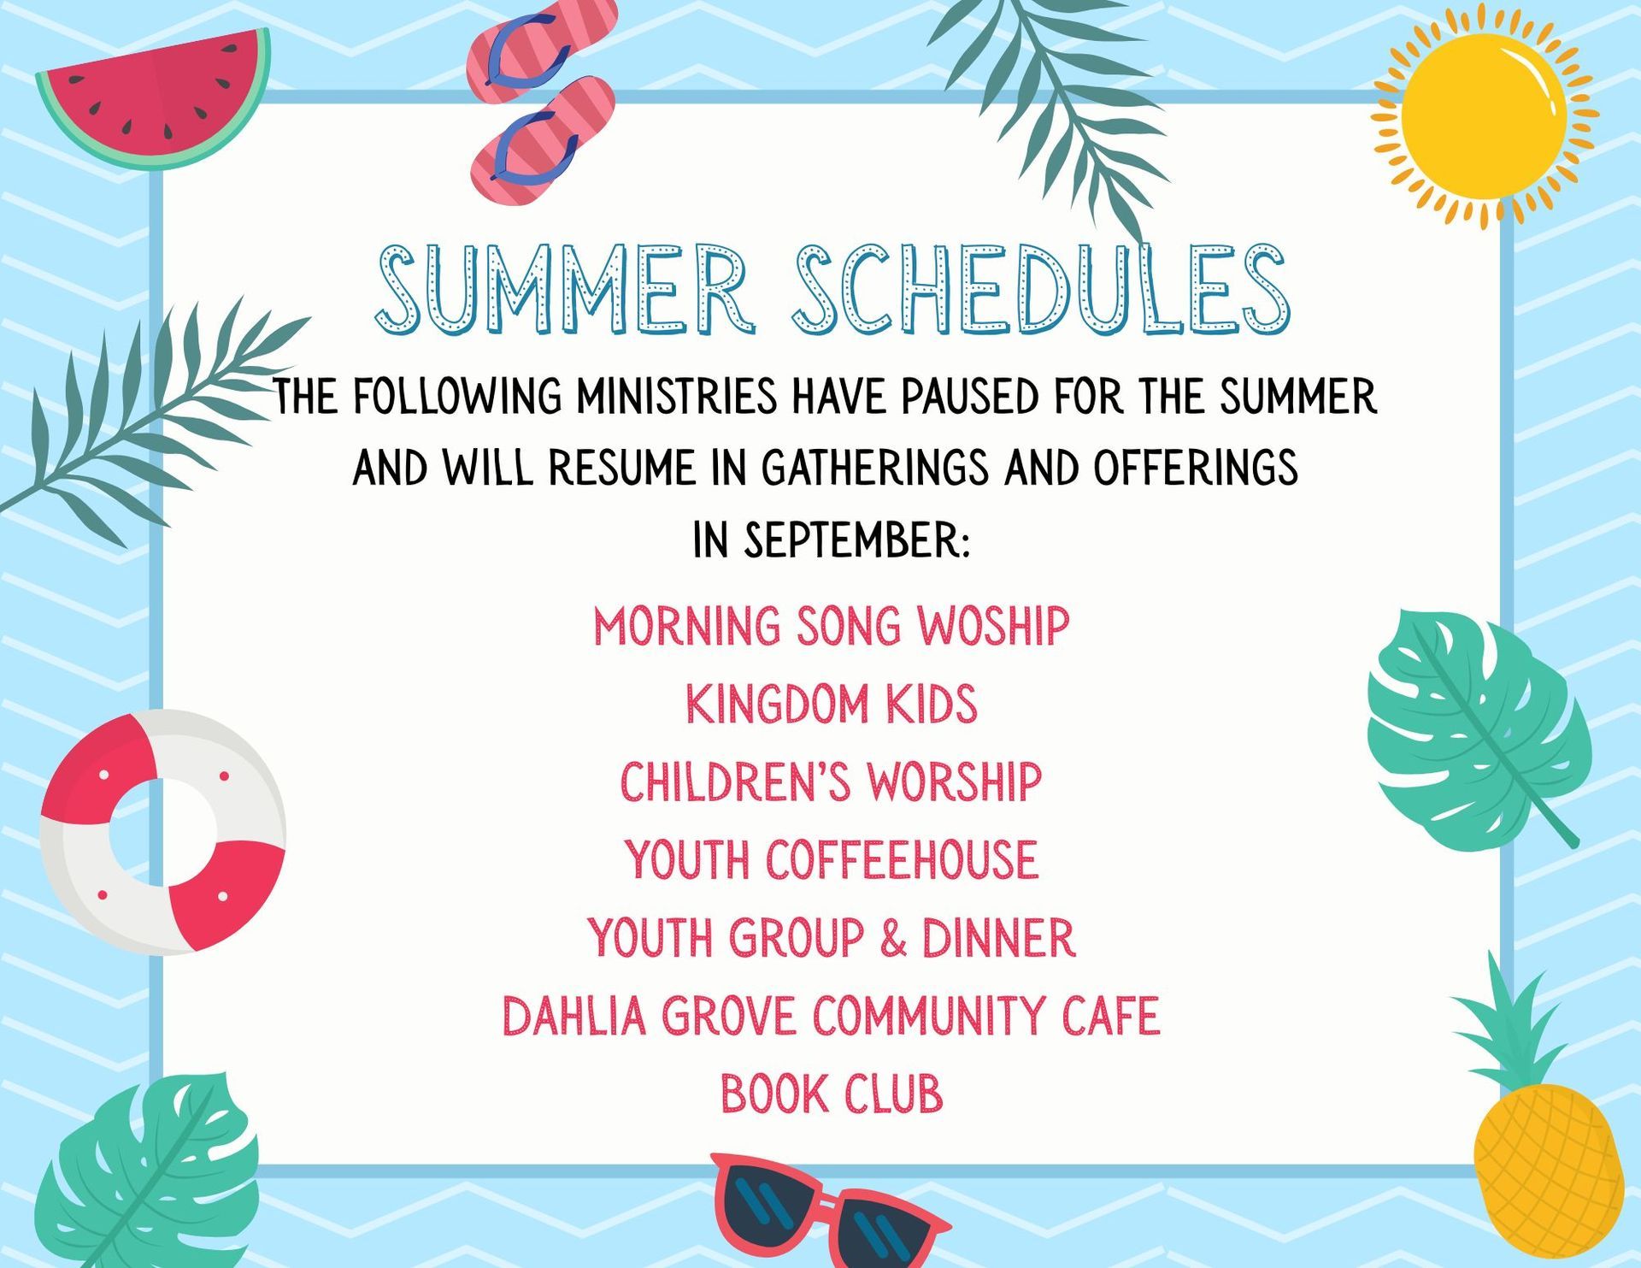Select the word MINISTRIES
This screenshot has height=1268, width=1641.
pos(676,397)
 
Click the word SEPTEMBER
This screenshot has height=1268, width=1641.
pos(857,540)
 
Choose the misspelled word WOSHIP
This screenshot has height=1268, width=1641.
pos(993,626)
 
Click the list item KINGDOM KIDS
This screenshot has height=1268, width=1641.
pos(831,704)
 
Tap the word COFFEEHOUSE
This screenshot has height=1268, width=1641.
pos(902,859)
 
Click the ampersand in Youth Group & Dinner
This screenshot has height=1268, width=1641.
pos(892,938)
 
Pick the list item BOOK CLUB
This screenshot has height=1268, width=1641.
pos(831,1094)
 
